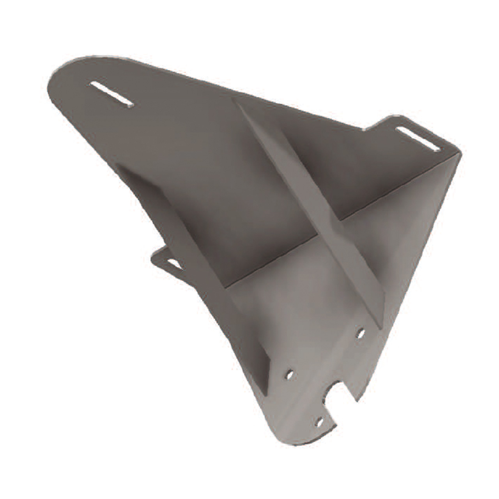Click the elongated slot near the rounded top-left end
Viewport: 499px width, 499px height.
(111, 94)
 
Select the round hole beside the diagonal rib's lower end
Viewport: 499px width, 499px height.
(361, 334)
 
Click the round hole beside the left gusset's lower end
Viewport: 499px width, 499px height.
(290, 375)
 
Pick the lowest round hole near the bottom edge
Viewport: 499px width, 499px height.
(319, 421)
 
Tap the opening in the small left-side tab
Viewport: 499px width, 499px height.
(174, 264)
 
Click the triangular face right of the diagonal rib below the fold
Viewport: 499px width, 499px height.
(402, 234)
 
